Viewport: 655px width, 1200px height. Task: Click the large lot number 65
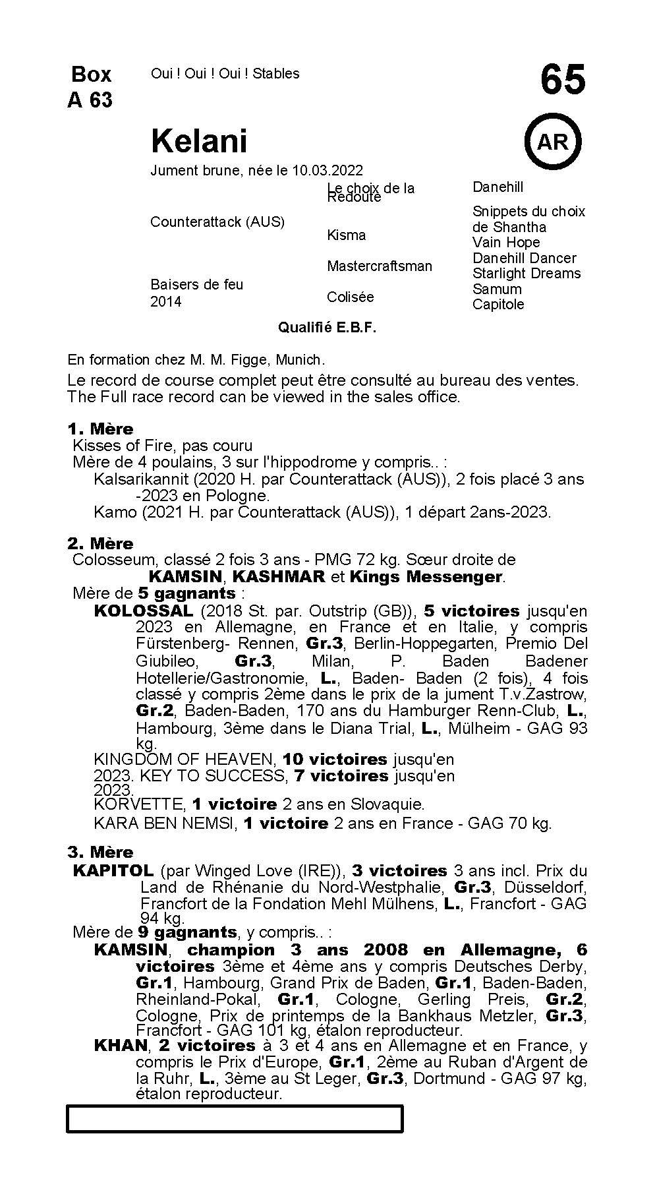[x=562, y=80]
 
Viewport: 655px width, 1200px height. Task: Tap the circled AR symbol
[x=553, y=142]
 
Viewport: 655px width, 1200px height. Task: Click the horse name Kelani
[x=199, y=140]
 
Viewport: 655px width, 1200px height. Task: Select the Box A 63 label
[x=90, y=86]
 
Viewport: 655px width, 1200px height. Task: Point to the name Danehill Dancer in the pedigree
[x=524, y=258]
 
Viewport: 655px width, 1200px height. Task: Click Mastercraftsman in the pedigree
[x=380, y=266]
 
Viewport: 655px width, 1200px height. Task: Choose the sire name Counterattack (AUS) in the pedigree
[x=217, y=222]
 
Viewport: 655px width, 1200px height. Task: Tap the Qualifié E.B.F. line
[x=327, y=328]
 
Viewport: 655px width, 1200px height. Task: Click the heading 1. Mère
[x=100, y=429]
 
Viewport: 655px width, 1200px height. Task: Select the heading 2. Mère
[x=100, y=543]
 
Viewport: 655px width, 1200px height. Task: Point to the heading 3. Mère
[x=100, y=852]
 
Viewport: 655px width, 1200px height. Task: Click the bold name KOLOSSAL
[x=144, y=611]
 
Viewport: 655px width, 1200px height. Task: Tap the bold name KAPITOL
[x=113, y=870]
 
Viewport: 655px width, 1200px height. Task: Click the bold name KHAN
[x=121, y=1046]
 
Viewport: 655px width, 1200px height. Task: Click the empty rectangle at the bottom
[x=235, y=1119]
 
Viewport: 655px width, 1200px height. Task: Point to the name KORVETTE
[x=138, y=804]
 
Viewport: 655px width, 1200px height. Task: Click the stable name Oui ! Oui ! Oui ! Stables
[x=225, y=73]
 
